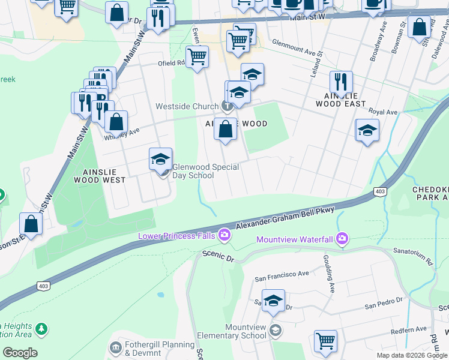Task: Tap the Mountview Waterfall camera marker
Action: click(342, 239)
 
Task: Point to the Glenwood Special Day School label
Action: click(197, 171)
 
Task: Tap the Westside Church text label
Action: click(187, 107)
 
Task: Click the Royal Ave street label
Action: click(383, 112)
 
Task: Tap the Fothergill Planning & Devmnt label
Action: click(160, 349)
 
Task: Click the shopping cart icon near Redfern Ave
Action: click(325, 340)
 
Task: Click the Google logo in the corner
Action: click(20, 353)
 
